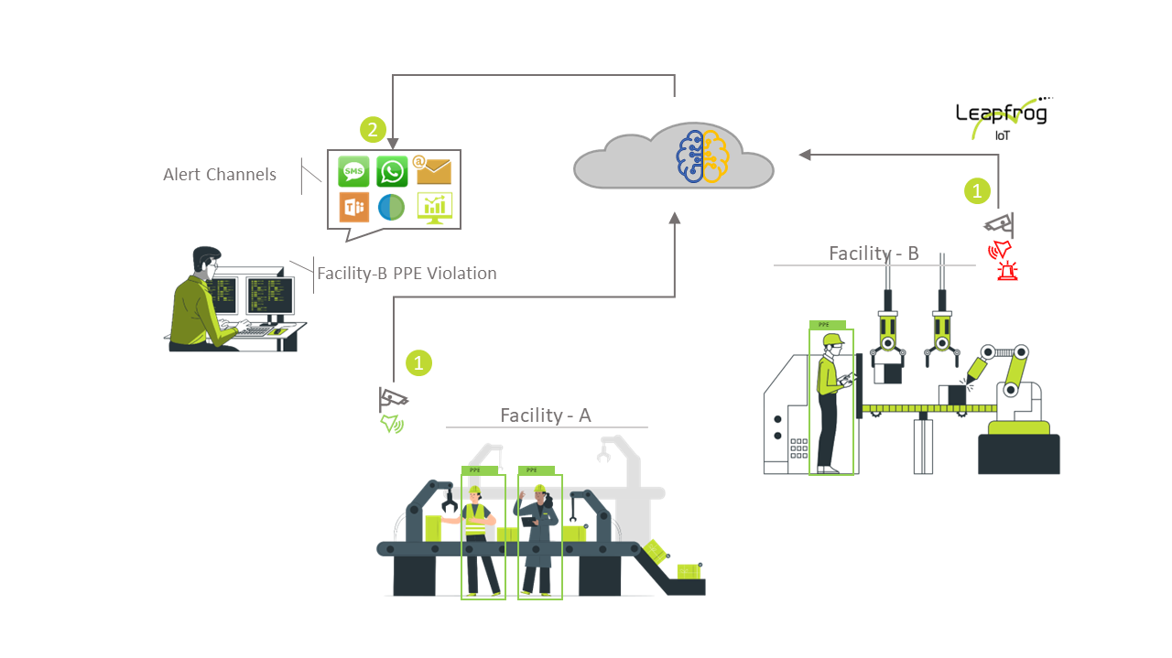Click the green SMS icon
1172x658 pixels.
353,171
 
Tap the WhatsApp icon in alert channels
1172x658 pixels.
392,171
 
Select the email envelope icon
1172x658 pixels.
434,170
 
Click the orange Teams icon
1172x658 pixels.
353,208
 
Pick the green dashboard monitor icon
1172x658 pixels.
434,208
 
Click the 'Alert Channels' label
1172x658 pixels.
220,175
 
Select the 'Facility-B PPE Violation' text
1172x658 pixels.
407,273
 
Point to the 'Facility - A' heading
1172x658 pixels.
546,415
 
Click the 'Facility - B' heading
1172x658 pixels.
874,253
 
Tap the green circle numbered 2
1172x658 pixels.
372,130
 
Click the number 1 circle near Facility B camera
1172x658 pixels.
978,191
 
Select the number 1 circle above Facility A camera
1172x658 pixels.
418,362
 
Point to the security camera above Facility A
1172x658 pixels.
393,399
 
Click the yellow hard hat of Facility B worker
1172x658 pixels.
832,340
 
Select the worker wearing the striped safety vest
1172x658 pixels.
477,535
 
